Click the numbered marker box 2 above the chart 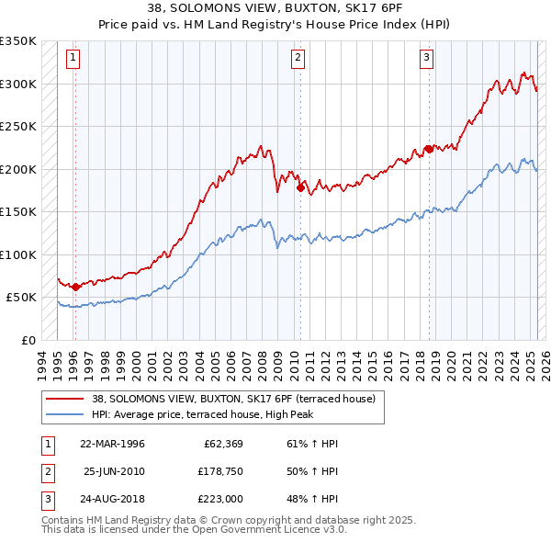[299, 58]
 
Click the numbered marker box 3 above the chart [428, 58]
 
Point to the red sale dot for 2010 [300, 189]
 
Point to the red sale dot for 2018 [429, 150]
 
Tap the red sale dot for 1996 [75, 287]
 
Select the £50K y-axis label [22, 298]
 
